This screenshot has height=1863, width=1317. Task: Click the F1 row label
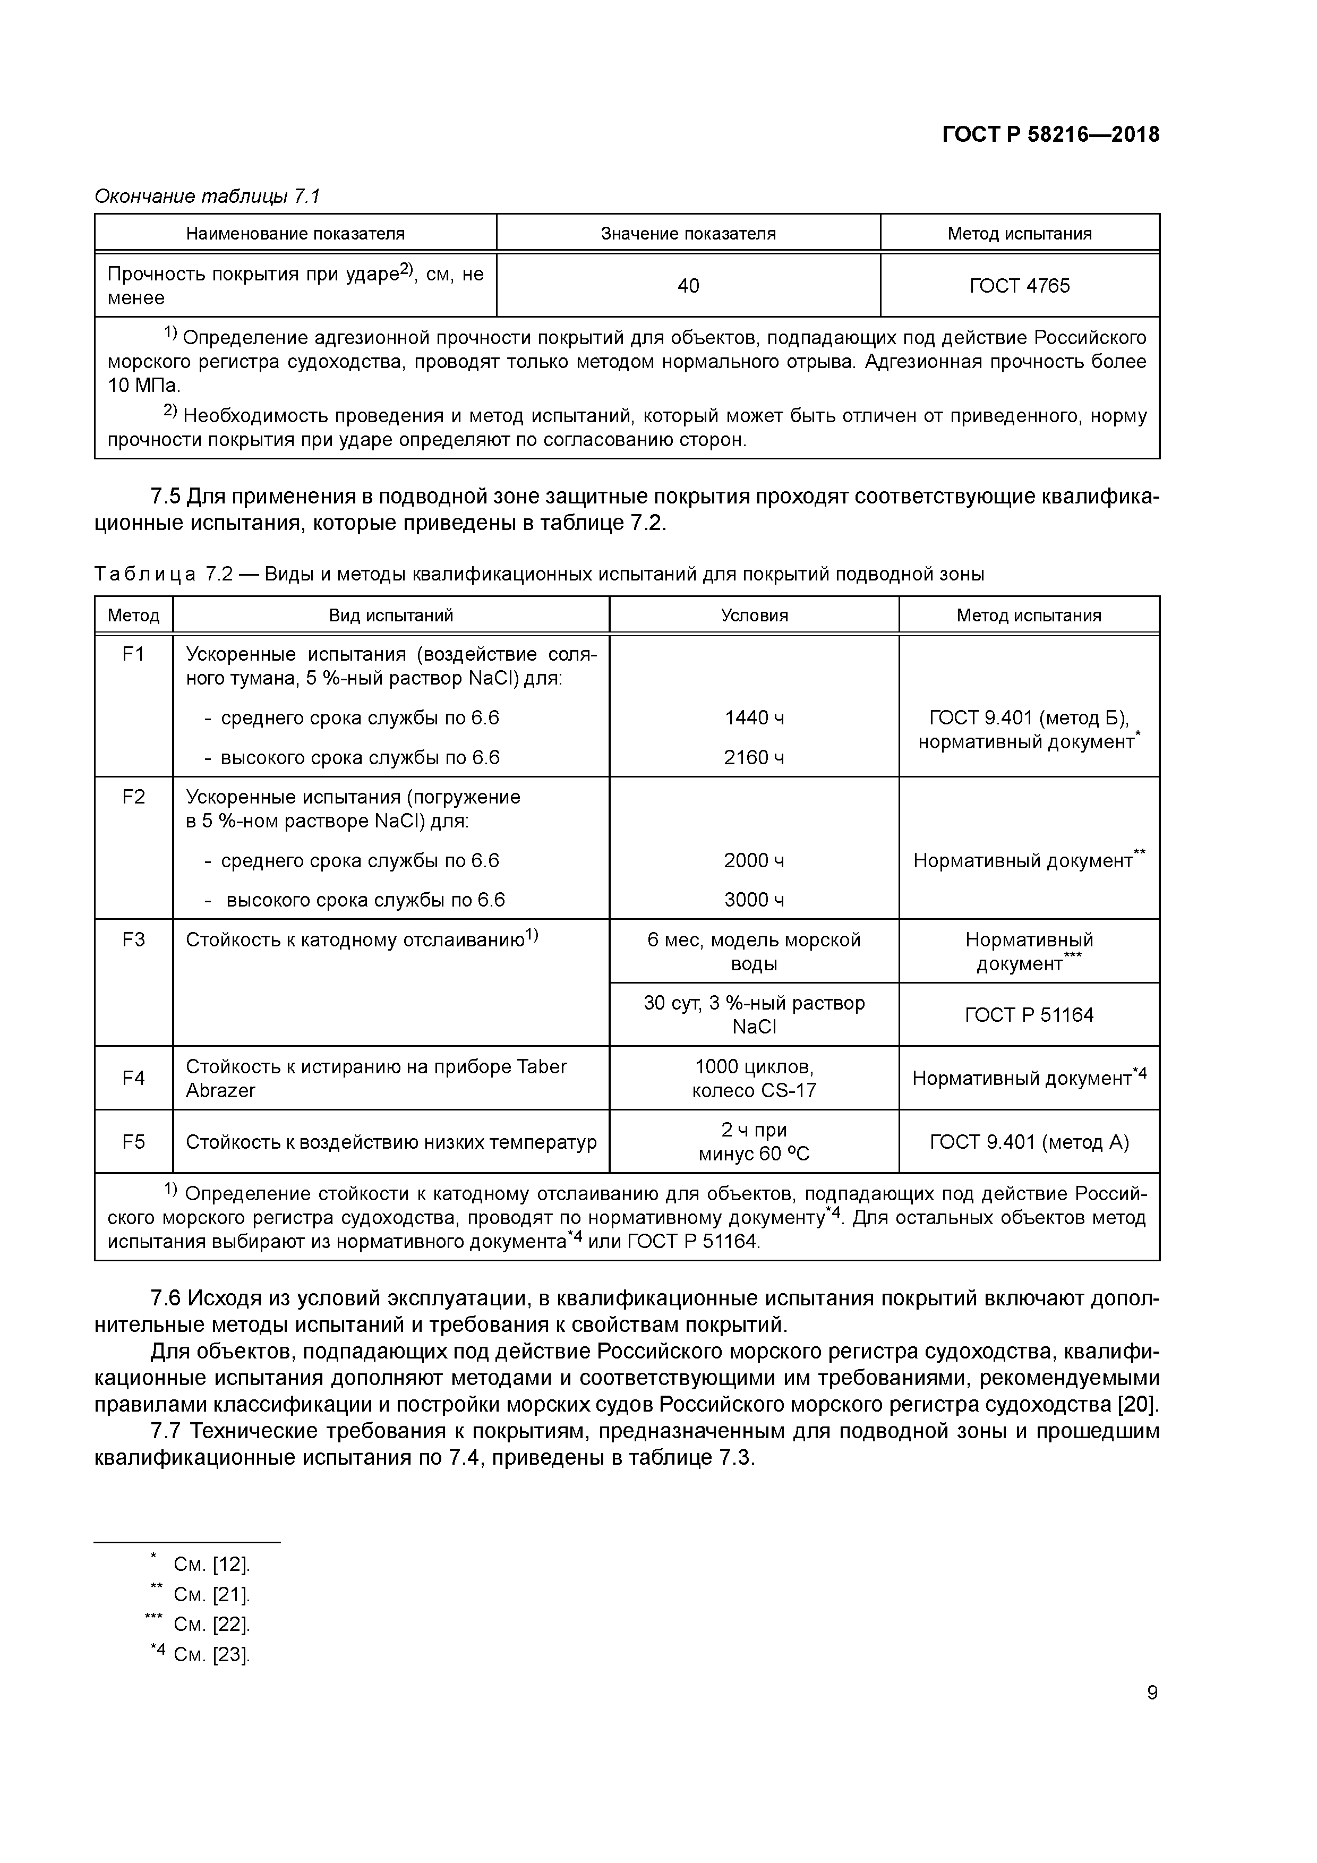click(133, 653)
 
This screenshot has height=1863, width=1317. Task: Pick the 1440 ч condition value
click(754, 717)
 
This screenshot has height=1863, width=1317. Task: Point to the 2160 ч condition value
click(754, 757)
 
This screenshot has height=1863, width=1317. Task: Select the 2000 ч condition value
click(754, 860)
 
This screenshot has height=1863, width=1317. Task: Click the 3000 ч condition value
click(754, 900)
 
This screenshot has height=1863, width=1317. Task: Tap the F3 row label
click(133, 939)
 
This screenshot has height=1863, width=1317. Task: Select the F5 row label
click(133, 1142)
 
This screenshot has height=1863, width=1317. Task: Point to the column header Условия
click(754, 615)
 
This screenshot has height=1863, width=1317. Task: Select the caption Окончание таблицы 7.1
click(208, 196)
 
